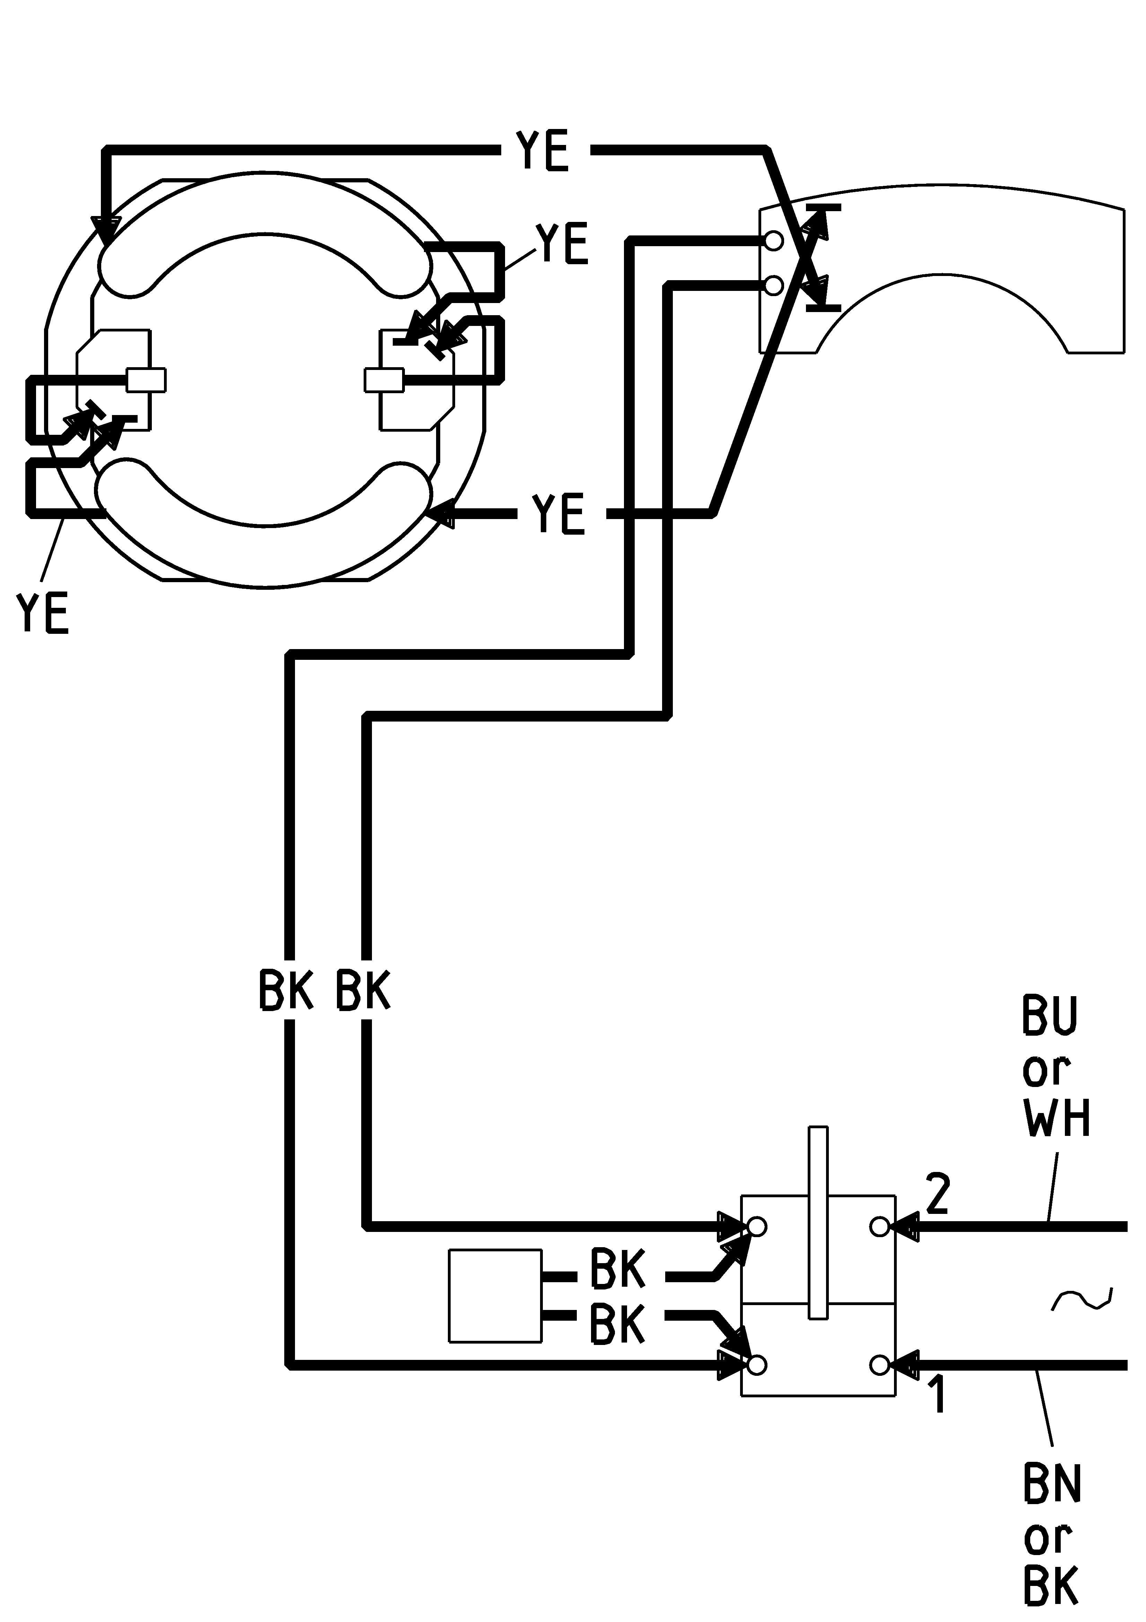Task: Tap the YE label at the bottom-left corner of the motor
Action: [x=42, y=613]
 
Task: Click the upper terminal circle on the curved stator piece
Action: [x=774, y=241]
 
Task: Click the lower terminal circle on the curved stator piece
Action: [x=774, y=285]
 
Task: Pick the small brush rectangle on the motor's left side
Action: [x=146, y=379]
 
